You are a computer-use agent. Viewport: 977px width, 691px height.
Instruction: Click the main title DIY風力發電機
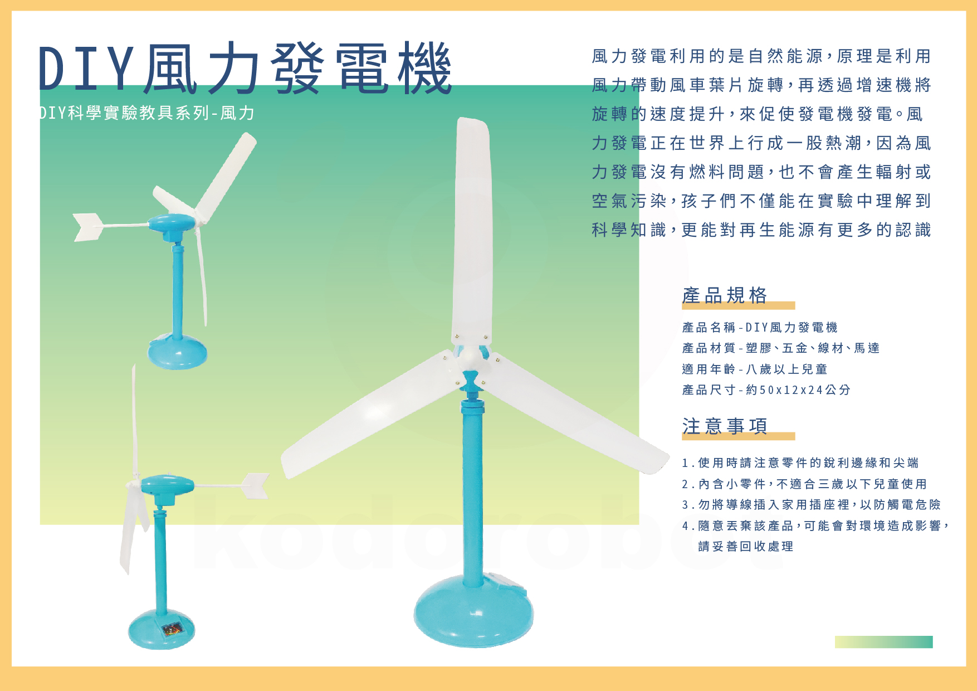click(245, 68)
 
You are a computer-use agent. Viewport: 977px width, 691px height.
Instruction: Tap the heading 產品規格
click(725, 295)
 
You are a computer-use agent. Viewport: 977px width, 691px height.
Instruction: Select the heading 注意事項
click(725, 426)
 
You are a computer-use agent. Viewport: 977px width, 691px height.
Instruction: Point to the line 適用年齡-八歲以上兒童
click(755, 369)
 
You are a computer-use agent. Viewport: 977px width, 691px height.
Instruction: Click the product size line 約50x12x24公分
click(766, 390)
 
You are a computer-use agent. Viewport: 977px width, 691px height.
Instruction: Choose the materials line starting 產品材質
click(781, 348)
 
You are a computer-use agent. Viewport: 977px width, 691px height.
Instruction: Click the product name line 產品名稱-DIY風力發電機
click(760, 327)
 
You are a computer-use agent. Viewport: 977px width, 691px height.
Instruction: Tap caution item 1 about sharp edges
click(800, 463)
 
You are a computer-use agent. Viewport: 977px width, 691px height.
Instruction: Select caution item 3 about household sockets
click(812, 504)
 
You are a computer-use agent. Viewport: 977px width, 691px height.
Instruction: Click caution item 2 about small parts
click(804, 484)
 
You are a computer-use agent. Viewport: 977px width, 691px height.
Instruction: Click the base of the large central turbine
click(473, 610)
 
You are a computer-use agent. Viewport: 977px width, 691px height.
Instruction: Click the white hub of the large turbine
click(471, 357)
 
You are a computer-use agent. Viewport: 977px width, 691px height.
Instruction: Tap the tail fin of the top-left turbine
click(88, 227)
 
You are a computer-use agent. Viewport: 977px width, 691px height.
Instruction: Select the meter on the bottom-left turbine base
click(172, 630)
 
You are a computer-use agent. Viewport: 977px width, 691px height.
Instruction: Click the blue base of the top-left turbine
click(178, 351)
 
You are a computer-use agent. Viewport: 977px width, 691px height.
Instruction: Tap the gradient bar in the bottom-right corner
click(883, 642)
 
